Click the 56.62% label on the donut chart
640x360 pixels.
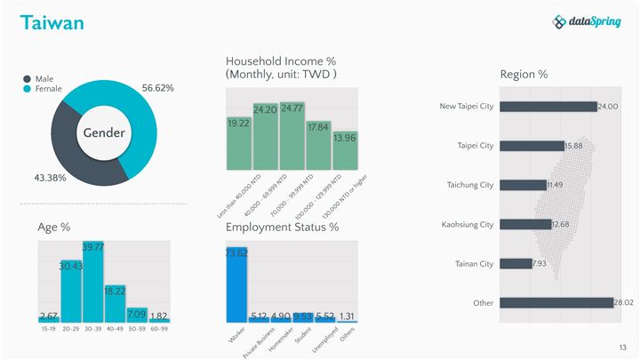click(x=157, y=88)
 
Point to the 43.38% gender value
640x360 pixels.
click(x=50, y=178)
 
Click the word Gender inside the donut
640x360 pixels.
click(x=104, y=132)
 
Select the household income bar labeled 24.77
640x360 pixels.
click(x=292, y=136)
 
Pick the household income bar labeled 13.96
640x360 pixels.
click(x=345, y=150)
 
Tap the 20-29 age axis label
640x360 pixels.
click(x=71, y=329)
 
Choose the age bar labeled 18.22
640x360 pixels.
click(x=114, y=302)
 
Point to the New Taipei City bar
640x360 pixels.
click(x=548, y=107)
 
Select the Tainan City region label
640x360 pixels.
click(x=475, y=264)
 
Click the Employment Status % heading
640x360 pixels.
click(x=282, y=228)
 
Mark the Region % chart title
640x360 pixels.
click(x=524, y=74)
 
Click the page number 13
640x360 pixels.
click(x=622, y=346)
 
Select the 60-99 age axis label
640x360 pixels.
click(x=158, y=329)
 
